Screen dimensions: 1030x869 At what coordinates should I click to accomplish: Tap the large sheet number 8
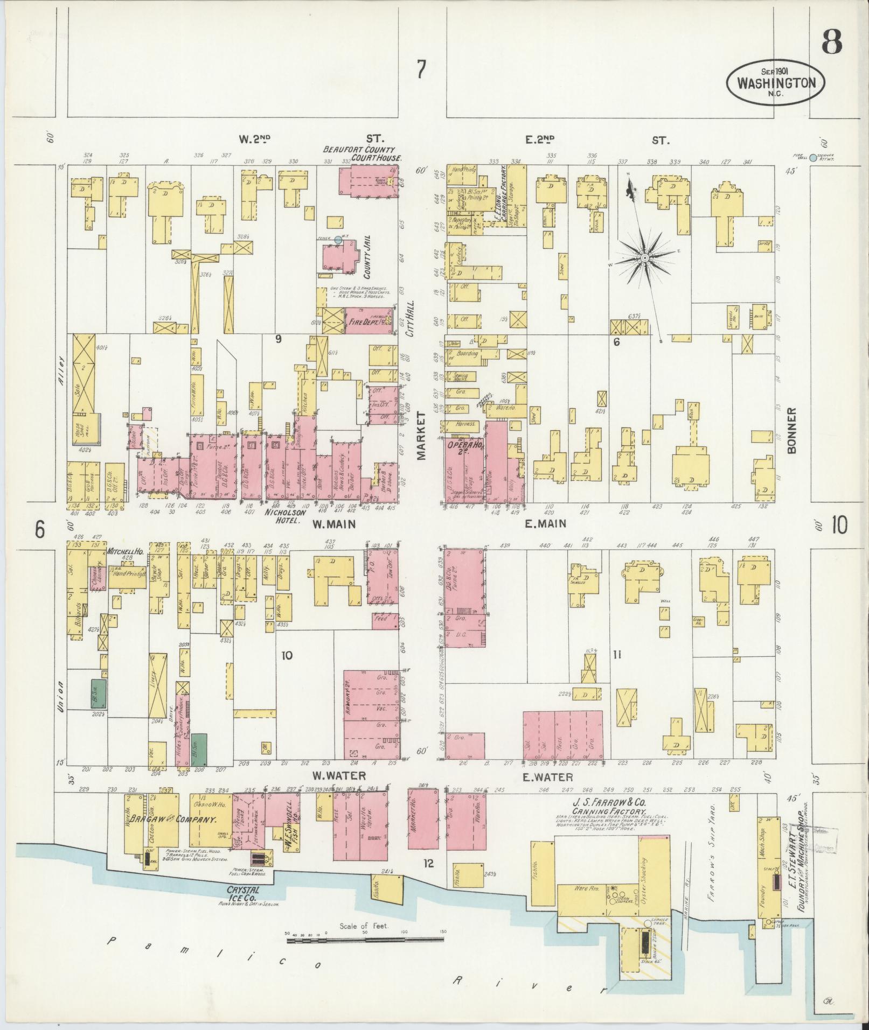coord(832,41)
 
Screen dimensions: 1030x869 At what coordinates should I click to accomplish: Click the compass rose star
coord(644,259)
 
